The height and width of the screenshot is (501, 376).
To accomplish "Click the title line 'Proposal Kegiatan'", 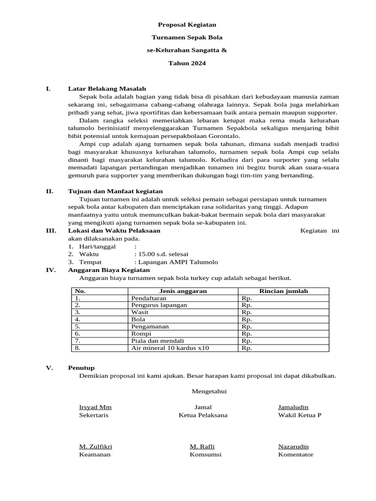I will tap(187, 24).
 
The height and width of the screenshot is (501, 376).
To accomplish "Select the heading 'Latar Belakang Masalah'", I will tap(107, 89).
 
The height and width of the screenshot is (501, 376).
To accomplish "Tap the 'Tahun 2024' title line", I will tap(187, 63).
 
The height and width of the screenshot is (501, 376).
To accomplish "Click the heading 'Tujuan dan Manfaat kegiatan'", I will tap(115, 191).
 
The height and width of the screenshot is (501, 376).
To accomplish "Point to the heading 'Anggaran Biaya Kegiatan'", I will tap(109, 270).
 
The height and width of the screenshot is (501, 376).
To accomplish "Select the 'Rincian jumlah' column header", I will tap(283, 291).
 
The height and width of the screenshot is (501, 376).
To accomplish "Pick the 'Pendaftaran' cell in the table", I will tap(149, 297).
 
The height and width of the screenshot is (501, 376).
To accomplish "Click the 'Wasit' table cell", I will tap(140, 312).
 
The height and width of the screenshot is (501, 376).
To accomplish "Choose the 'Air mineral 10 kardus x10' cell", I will tap(170, 348).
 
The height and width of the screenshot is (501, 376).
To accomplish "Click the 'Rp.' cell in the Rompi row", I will tap(247, 334).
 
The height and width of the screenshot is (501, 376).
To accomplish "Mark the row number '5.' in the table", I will tap(78, 326).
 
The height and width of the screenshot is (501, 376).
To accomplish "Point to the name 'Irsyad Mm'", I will tap(95, 407).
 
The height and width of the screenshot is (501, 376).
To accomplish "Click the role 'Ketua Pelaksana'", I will tap(203, 415).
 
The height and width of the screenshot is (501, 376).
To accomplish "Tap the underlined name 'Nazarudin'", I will tap(293, 446).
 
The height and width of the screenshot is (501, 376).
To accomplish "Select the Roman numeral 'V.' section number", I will tap(49, 368).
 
